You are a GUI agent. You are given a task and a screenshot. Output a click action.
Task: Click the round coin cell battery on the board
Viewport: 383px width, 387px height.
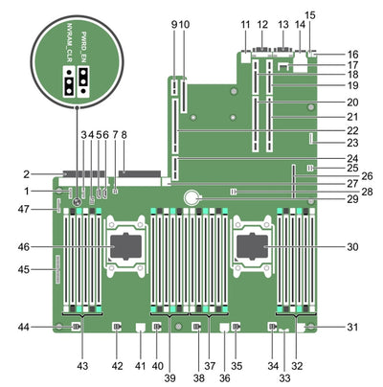coord(197,197)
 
